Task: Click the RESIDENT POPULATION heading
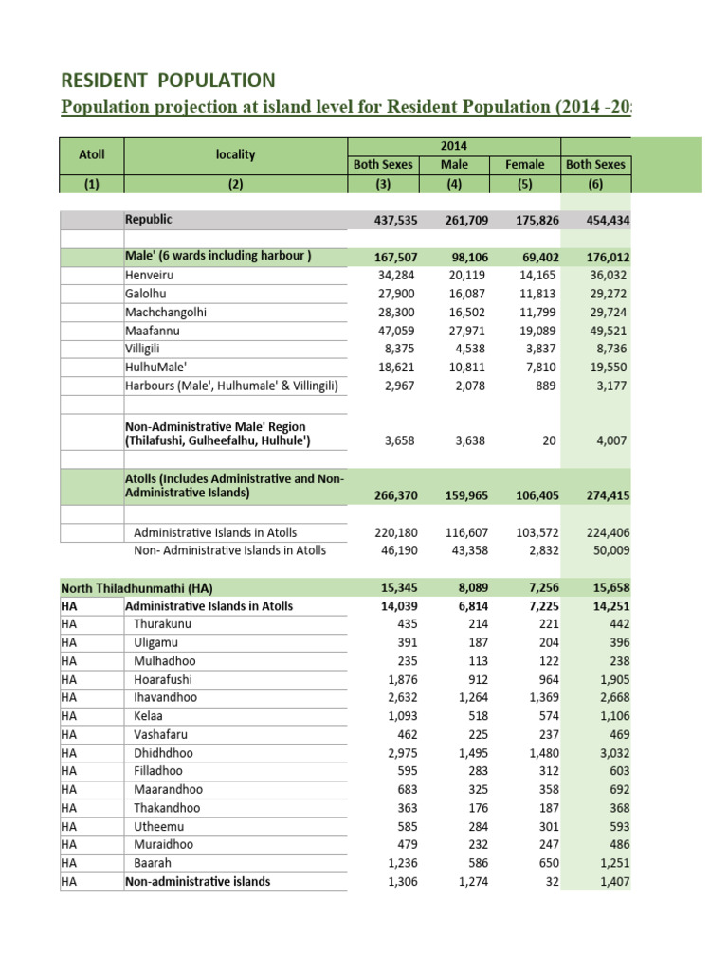tap(168, 81)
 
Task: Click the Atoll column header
tap(91, 154)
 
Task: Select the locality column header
tap(235, 154)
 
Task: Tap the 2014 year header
tap(454, 146)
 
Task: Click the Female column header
tap(525, 164)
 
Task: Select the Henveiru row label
tap(150, 276)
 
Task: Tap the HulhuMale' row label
tap(156, 368)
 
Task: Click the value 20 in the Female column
tap(551, 440)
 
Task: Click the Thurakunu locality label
tap(162, 624)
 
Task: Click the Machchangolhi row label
tap(166, 313)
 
